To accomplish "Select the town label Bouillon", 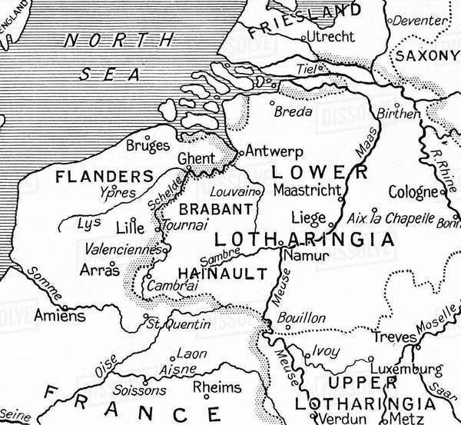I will point(301,317).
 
